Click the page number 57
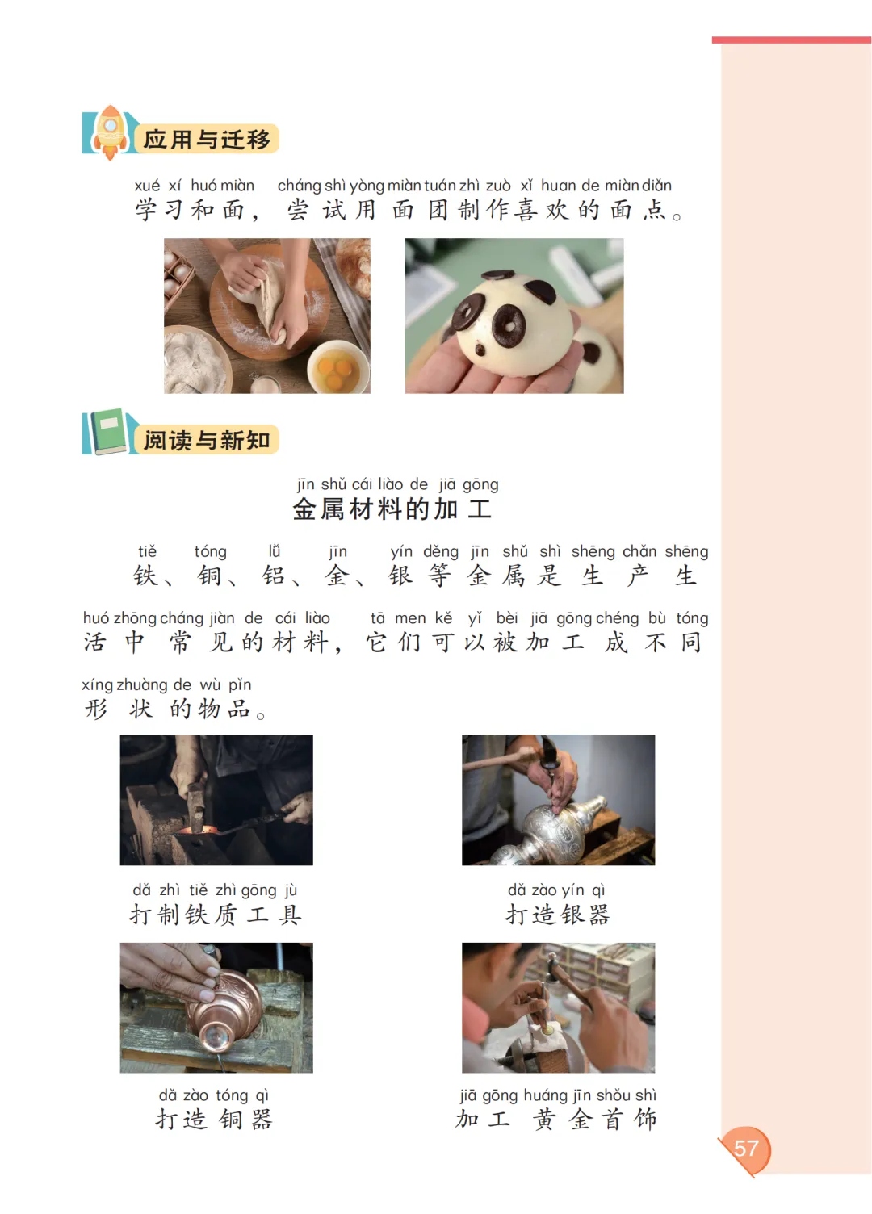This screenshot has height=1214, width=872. (745, 1148)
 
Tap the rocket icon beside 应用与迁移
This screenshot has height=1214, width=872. (110, 132)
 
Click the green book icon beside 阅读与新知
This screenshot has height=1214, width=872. (108, 432)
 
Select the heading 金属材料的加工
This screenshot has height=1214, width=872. (392, 509)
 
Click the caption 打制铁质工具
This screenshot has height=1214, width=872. (215, 915)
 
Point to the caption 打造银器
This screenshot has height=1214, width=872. (557, 915)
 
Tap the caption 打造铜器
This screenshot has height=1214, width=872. (213, 1119)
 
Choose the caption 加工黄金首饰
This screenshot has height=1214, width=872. (556, 1119)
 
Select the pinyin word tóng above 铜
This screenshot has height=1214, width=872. (210, 551)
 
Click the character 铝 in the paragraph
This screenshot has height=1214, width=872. (273, 576)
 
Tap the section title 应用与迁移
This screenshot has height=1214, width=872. (207, 140)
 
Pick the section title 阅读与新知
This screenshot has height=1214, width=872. (207, 440)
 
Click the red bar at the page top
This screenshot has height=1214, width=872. (790, 40)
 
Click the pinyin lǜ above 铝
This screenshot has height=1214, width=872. (275, 550)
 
